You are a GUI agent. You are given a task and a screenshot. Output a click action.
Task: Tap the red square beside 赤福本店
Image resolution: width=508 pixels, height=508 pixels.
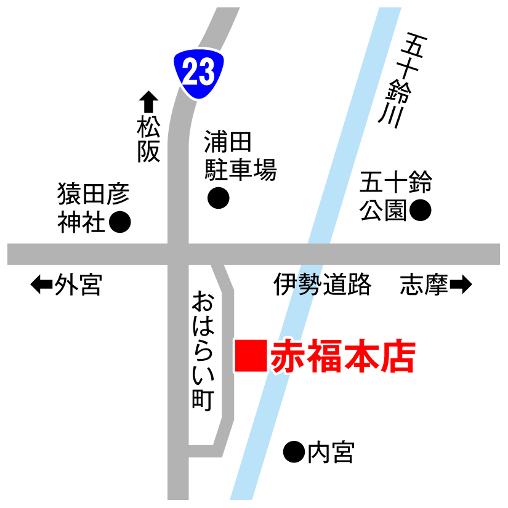(x=251, y=356)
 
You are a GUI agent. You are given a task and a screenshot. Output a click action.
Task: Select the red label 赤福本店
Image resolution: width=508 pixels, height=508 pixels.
(x=342, y=357)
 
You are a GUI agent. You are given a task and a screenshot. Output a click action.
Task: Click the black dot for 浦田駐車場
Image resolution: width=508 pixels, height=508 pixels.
(x=218, y=198)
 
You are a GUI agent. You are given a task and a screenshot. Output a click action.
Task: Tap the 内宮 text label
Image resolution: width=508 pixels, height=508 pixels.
(x=331, y=453)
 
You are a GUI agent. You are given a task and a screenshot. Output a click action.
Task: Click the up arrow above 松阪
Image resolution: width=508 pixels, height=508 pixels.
(x=148, y=102)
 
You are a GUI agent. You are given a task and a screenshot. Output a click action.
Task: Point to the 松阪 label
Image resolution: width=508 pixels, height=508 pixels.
(x=148, y=140)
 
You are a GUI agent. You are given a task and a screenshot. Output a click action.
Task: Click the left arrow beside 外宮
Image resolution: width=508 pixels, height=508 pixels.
(x=41, y=284)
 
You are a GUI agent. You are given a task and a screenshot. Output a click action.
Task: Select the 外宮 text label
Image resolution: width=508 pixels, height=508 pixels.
(x=78, y=284)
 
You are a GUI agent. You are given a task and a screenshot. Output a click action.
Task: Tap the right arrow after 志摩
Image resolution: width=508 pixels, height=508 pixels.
(x=461, y=284)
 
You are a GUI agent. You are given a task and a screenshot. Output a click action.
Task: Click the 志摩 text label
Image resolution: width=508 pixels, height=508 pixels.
(x=424, y=284)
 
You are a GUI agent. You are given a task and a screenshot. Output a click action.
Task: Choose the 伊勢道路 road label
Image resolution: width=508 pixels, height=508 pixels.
(x=323, y=284)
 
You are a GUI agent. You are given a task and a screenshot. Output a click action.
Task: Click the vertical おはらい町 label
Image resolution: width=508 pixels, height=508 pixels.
(x=202, y=352)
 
